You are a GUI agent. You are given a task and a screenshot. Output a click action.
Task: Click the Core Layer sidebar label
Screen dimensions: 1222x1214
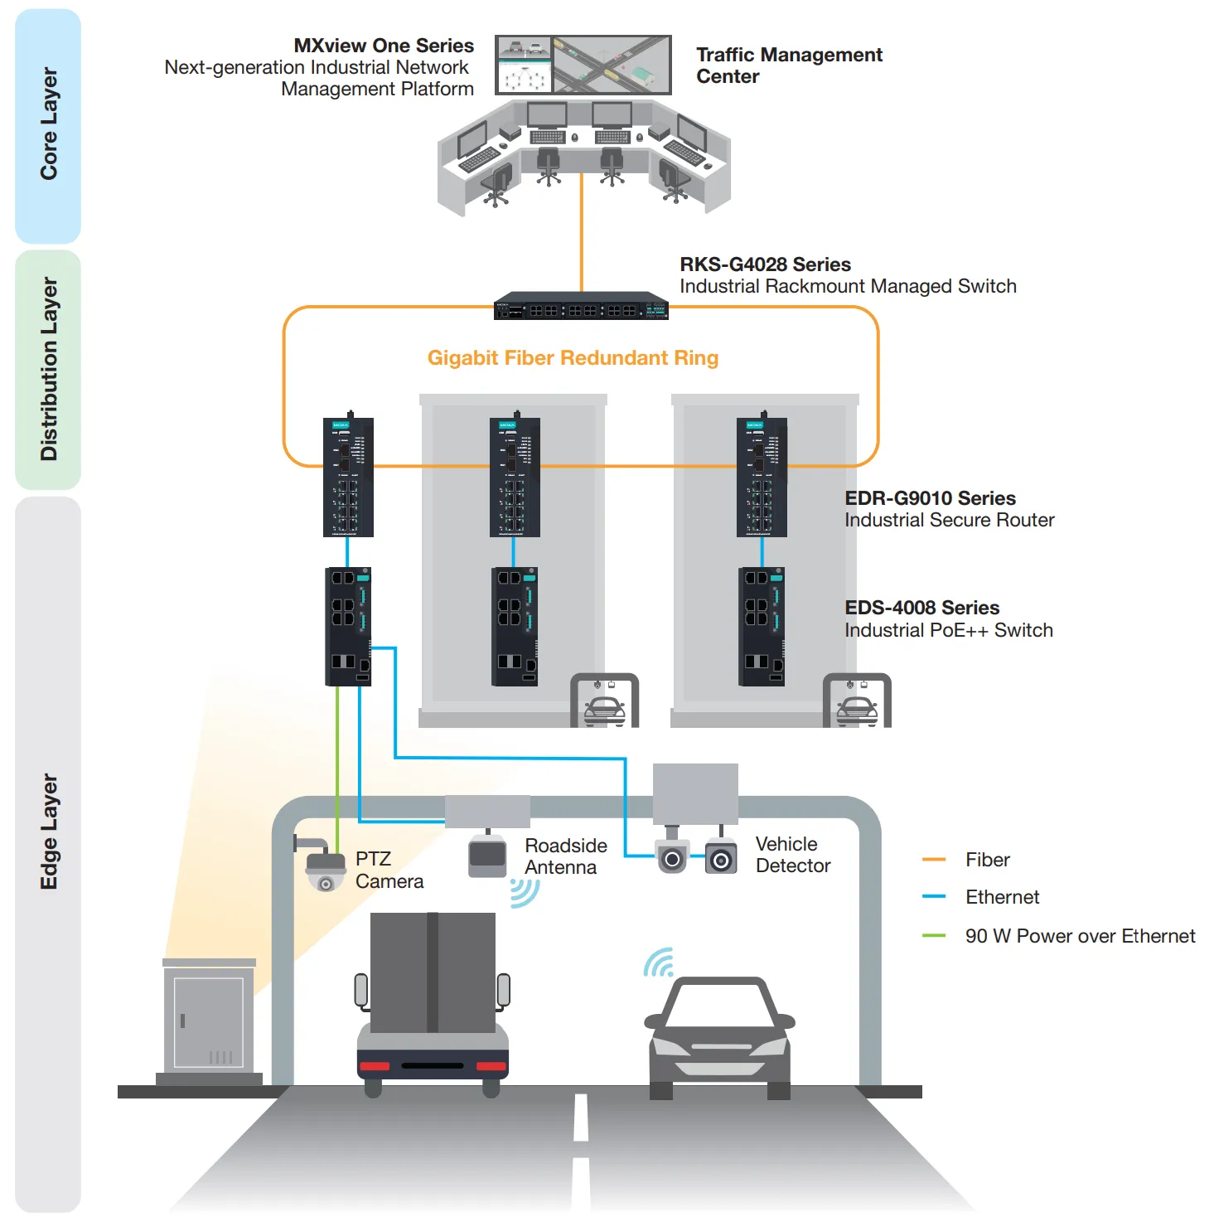click(x=48, y=124)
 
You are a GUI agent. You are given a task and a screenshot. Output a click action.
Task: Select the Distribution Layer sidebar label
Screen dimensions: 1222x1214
click(x=48, y=369)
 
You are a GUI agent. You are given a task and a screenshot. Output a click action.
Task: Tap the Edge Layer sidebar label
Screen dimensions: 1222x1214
click(x=48, y=832)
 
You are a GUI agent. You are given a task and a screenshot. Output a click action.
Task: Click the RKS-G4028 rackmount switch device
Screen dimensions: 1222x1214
click(x=581, y=307)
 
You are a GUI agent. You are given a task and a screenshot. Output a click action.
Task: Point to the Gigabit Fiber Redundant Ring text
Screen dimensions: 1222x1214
click(x=573, y=358)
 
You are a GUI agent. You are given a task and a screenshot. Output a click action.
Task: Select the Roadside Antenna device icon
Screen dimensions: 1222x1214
click(x=487, y=856)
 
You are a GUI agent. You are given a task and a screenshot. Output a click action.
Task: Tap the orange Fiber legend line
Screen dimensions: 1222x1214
click(x=934, y=860)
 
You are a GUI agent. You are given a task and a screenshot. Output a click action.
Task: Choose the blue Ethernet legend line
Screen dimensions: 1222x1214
click(x=934, y=896)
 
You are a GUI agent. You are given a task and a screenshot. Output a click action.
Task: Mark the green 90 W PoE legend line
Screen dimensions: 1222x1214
click(x=934, y=935)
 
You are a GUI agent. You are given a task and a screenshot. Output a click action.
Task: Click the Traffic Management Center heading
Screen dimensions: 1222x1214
click(x=788, y=65)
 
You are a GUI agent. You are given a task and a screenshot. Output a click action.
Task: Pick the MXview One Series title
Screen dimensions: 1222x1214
click(x=384, y=46)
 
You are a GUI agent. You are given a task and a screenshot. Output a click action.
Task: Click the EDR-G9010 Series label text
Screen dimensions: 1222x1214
click(x=930, y=498)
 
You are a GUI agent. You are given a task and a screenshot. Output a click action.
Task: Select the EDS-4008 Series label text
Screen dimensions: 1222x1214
click(x=921, y=608)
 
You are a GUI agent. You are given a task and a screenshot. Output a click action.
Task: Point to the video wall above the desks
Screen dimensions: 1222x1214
click(x=583, y=65)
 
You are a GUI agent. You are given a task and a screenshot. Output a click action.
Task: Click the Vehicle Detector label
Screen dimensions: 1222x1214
click(x=792, y=855)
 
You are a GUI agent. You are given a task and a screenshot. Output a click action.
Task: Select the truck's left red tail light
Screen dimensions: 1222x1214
click(x=375, y=1065)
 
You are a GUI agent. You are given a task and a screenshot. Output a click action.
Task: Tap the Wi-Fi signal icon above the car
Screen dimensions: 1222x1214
click(x=660, y=963)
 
